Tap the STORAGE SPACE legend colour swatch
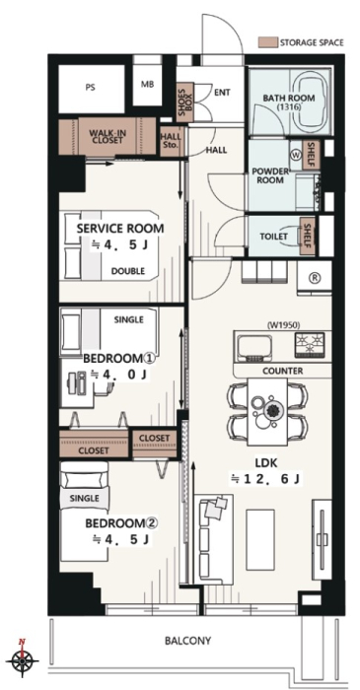point(267,42)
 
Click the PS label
point(90,87)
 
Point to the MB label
point(147,84)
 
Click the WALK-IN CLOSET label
point(107,136)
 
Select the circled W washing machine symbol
point(295,154)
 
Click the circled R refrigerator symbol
point(315,278)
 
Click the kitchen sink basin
point(255,348)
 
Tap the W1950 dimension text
point(283,325)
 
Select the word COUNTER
point(282,371)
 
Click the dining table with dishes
point(267,410)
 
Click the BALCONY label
point(188,641)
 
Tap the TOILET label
point(273,237)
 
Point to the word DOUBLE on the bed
point(127,271)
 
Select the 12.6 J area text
point(265,479)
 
